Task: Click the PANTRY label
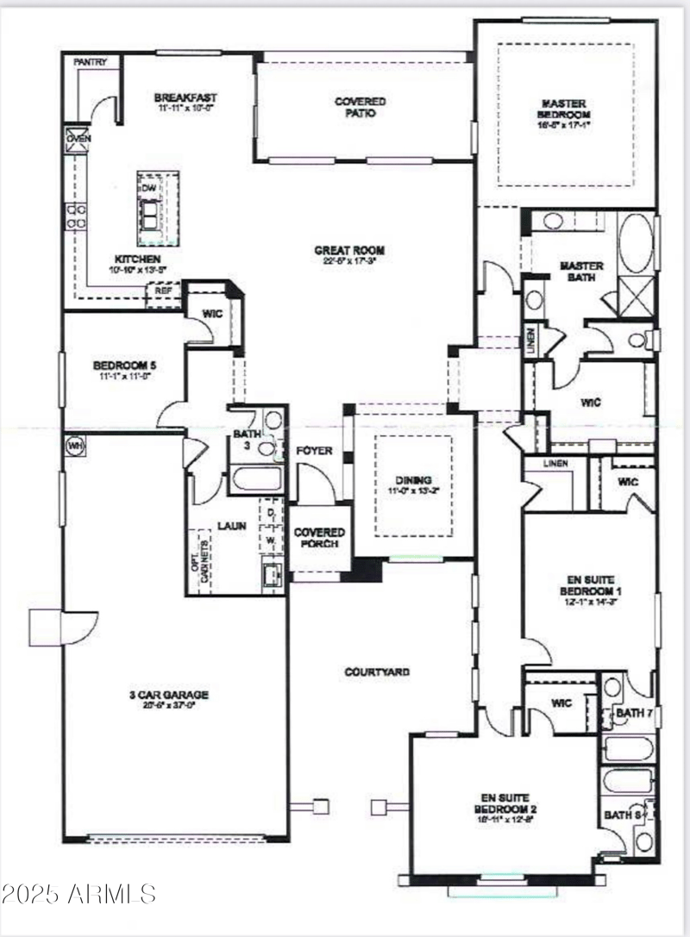[90, 62]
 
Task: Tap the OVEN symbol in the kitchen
[76, 139]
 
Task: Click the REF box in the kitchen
[163, 290]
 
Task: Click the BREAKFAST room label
[185, 97]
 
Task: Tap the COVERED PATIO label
[361, 107]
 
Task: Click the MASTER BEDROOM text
[566, 108]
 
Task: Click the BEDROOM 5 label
[122, 364]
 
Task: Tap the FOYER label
[314, 451]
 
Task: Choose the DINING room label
[413, 480]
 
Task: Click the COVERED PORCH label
[319, 538]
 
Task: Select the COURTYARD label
[376, 672]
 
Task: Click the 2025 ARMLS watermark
[79, 893]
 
